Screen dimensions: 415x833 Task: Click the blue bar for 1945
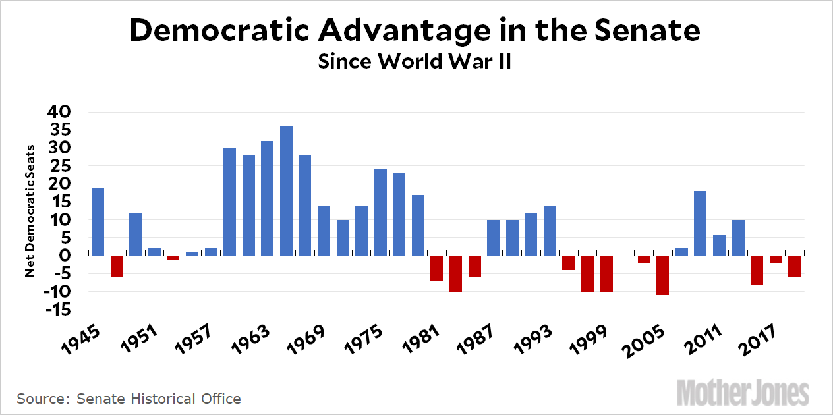(98, 221)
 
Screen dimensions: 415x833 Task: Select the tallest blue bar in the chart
(286, 191)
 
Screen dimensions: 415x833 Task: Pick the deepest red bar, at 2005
(662, 275)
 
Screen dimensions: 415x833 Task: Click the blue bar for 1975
(380, 212)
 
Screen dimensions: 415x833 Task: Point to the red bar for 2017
(775, 259)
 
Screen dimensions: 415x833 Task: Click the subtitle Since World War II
(416, 62)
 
